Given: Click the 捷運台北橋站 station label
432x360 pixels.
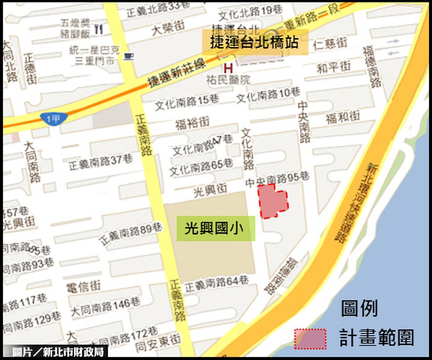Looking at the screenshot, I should [x=255, y=44].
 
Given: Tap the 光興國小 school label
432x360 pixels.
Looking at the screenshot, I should [x=210, y=230].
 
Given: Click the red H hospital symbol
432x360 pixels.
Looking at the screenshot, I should [x=228, y=67].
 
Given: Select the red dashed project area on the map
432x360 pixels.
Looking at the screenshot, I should [x=272, y=200].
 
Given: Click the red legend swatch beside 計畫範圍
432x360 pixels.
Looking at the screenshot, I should [x=310, y=338].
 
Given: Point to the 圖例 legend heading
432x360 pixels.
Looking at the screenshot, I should [x=359, y=308].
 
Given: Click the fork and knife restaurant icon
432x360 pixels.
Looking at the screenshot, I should [x=98, y=28].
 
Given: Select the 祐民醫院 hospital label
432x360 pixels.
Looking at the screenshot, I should [x=229, y=80].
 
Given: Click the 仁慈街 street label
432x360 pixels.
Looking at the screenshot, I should [x=330, y=44].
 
